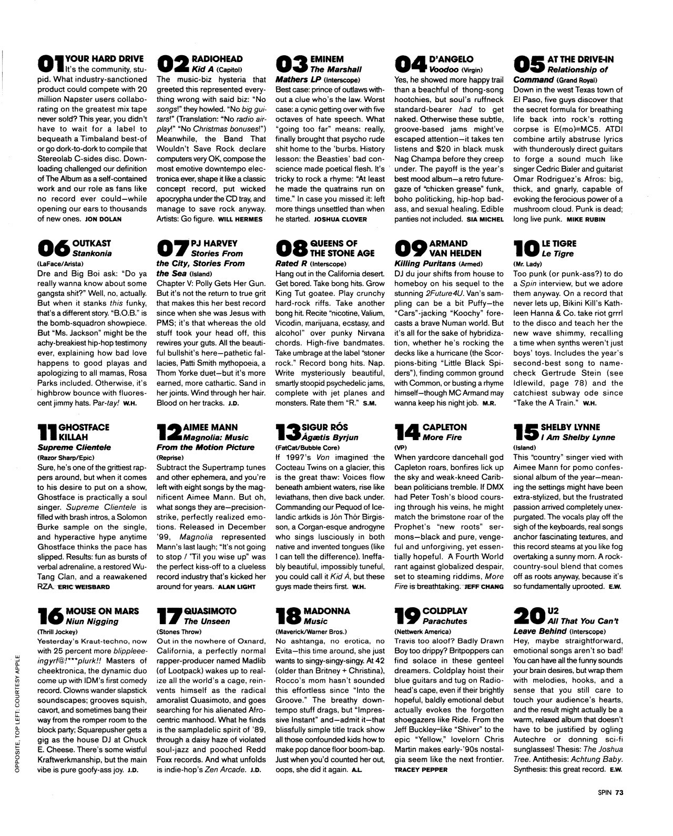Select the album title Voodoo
444,69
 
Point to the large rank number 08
292,248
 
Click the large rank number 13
289,432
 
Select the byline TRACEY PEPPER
421,770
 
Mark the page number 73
619,795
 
